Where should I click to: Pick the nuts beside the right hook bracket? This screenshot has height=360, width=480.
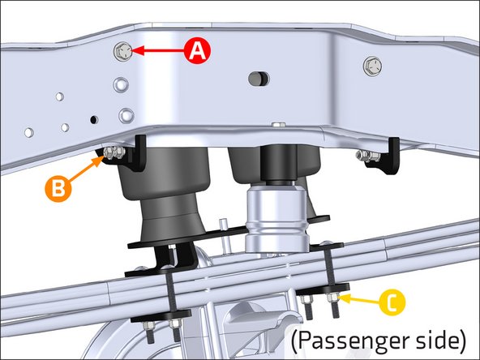(367, 156)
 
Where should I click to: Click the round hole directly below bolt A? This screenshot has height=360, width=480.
(120, 83)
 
